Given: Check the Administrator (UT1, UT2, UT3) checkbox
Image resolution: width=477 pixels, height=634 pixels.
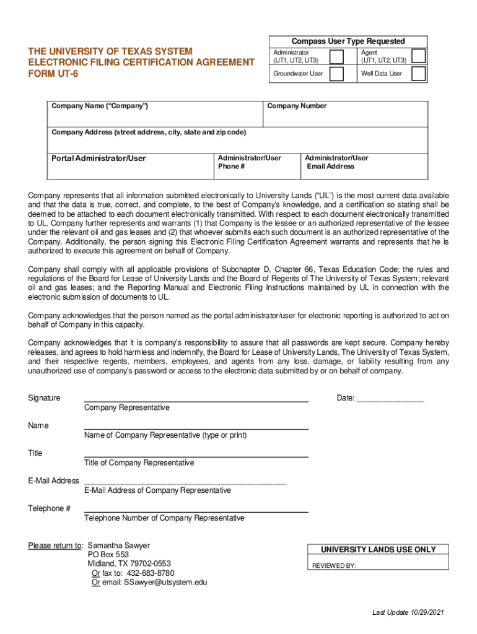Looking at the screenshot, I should pyautogui.click(x=337, y=57).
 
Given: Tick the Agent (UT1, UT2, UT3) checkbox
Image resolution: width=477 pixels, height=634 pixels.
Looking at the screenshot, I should pyautogui.click(x=419, y=56).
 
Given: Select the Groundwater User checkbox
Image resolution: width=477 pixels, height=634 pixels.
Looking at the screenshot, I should pyautogui.click(x=337, y=74).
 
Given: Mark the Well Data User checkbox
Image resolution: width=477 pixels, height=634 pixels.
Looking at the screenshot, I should pyautogui.click(x=419, y=74).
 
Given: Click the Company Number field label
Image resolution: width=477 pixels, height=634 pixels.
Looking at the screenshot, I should pyautogui.click(x=297, y=106).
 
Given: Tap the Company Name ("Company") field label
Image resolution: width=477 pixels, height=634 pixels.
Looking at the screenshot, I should pyautogui.click(x=100, y=106).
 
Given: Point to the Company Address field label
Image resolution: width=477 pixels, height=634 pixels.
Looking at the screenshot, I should pyautogui.click(x=148, y=132).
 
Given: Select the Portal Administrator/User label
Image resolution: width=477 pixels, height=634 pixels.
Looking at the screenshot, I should pyautogui.click(x=98, y=158).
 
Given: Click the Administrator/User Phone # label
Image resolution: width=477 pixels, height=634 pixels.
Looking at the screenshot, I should pyautogui.click(x=249, y=162).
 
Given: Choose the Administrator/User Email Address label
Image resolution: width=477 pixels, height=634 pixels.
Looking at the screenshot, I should pyautogui.click(x=336, y=162).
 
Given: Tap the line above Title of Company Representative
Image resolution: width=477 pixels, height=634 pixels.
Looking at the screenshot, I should pyautogui.click(x=196, y=456).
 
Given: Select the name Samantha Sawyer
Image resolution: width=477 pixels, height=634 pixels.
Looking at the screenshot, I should pyautogui.click(x=119, y=545).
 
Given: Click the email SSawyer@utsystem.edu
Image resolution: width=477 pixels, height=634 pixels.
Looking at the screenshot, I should pyautogui.click(x=165, y=583).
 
